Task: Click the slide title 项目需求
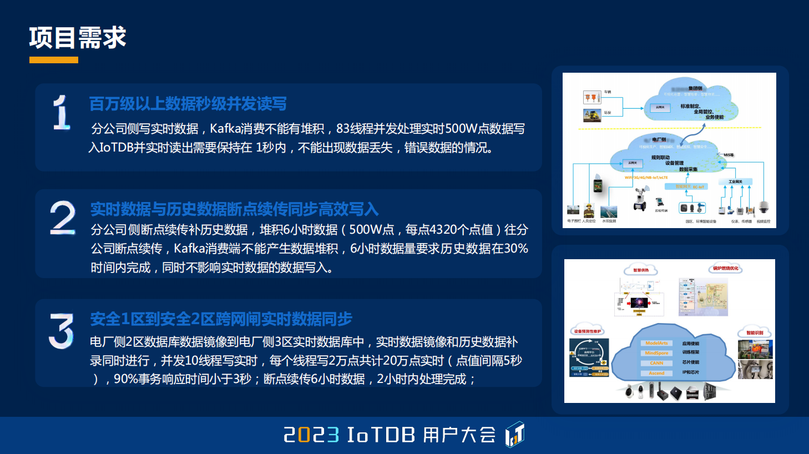tap(78, 38)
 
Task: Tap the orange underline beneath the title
tap(53, 60)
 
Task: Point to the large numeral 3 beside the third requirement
tap(61, 331)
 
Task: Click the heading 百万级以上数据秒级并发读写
tap(188, 104)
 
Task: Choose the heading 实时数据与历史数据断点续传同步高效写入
tap(234, 209)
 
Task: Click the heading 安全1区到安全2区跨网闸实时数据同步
tap(221, 319)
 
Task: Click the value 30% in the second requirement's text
tap(516, 249)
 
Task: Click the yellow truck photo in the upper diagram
tap(592, 115)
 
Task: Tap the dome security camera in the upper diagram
tap(764, 208)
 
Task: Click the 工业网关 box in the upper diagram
tap(735, 181)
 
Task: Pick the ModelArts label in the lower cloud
tap(656, 343)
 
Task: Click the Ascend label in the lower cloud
tap(656, 373)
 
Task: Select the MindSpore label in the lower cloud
tap(656, 353)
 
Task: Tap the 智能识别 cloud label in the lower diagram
tap(755, 332)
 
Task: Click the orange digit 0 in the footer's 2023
tap(304, 435)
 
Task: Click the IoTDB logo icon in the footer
tap(514, 435)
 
